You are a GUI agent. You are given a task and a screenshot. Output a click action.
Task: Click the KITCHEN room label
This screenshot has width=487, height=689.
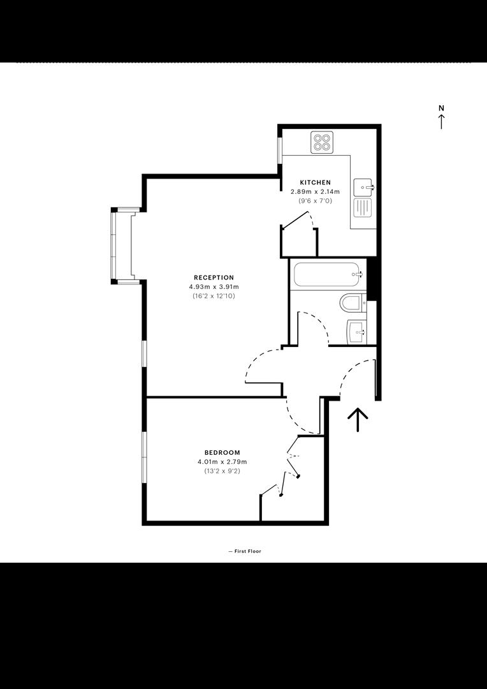coord(315,182)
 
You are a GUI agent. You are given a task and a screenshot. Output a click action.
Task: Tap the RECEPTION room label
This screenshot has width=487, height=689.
coord(214,278)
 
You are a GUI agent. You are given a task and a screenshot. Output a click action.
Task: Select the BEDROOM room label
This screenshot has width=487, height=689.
coord(222,452)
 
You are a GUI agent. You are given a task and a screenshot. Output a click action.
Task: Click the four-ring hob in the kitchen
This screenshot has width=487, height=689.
coord(322,142)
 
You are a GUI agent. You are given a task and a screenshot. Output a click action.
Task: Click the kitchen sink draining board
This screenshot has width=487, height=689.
coord(363,208)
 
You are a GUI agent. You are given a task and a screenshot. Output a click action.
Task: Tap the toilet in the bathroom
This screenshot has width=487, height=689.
coord(353,302)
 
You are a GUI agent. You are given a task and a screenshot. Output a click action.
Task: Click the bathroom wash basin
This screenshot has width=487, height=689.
coord(356,332)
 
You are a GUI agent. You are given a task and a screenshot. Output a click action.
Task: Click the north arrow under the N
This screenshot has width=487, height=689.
coord(441,122)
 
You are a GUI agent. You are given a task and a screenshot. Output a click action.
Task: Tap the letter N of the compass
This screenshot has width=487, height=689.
coord(441,108)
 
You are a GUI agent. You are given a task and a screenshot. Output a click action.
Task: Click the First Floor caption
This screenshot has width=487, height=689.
coord(245,551)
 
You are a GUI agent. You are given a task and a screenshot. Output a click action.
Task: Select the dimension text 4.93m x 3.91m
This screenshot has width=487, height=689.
coord(214,287)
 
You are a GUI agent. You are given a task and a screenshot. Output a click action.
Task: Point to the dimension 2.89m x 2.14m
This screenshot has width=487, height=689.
coord(316,191)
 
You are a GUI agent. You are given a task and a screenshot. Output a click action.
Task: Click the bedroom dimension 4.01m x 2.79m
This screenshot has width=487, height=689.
coord(222,462)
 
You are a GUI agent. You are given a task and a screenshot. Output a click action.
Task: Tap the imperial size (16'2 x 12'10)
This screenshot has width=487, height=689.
coord(214,296)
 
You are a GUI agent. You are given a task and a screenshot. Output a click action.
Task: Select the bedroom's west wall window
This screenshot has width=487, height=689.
coord(144,457)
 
